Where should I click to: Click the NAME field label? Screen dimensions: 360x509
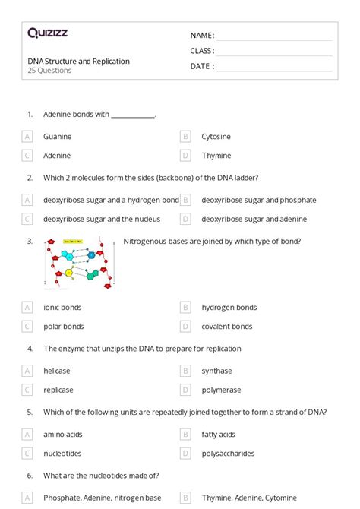201,36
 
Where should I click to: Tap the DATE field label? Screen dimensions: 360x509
201,66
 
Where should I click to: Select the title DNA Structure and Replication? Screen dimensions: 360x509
78,61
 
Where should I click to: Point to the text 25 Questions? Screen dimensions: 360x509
49,71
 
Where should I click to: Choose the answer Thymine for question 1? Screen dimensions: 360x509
216,155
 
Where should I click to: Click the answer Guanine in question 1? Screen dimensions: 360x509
58,137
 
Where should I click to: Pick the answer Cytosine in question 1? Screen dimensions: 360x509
216,137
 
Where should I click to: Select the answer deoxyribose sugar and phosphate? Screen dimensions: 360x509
258,200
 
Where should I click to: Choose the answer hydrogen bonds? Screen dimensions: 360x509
229,308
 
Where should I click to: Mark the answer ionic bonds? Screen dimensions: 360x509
62,308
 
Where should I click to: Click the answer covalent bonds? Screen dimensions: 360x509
226,327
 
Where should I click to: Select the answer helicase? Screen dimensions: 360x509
57,371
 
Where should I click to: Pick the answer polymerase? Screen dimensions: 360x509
221,390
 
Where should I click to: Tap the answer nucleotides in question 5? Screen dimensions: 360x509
63,454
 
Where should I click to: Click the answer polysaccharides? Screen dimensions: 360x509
228,454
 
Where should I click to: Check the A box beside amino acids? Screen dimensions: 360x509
27,435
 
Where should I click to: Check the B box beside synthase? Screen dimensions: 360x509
185,371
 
